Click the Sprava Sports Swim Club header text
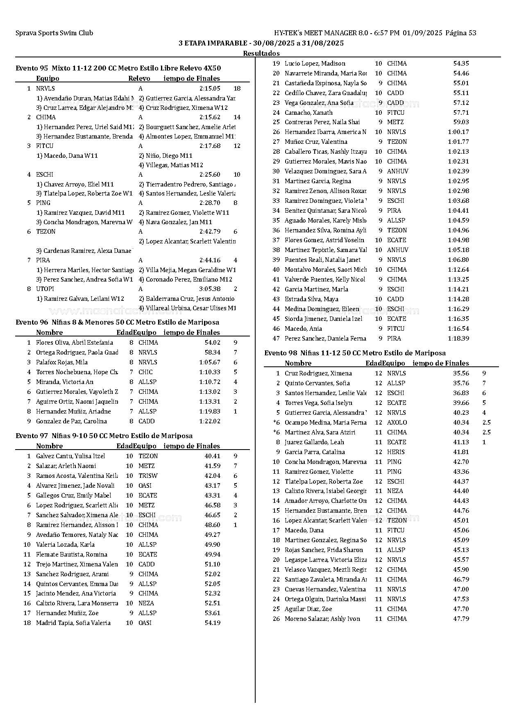(54, 33)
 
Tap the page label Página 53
(460, 33)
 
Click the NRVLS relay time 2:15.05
(210, 88)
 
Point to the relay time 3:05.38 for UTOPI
(210, 289)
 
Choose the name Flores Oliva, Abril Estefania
(74, 343)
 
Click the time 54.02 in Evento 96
(212, 343)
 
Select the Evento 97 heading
(104, 436)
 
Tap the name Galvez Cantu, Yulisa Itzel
(70, 456)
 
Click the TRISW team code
(148, 476)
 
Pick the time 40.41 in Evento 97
(212, 456)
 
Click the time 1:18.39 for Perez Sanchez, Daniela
(458, 339)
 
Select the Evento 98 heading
(355, 353)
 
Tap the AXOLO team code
(397, 423)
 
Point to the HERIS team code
(396, 452)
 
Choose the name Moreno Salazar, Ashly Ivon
(322, 619)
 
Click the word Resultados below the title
(261, 53)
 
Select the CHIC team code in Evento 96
(145, 372)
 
